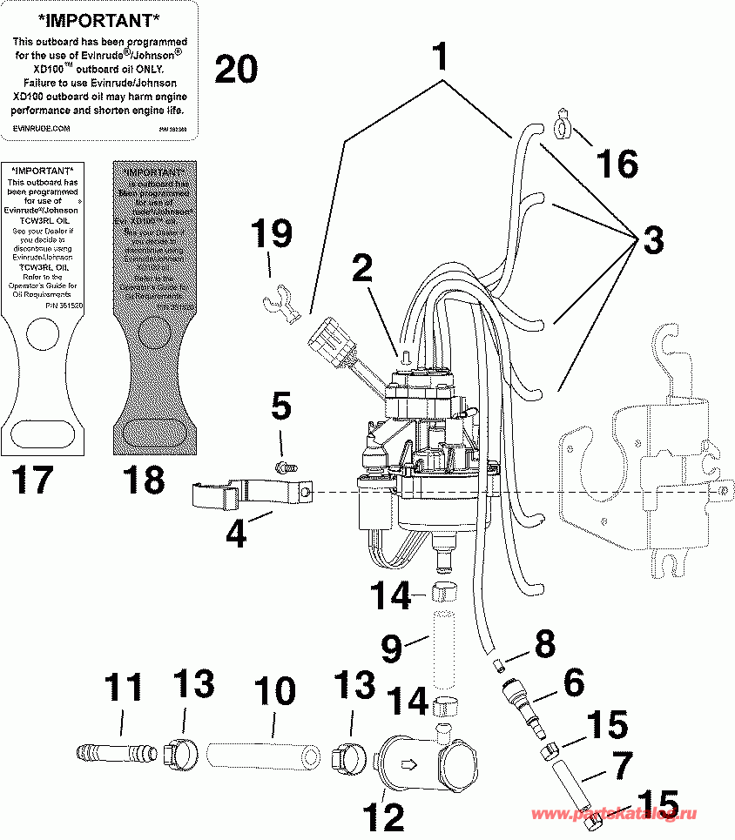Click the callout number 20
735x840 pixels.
(236, 69)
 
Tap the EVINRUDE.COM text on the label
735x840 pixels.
(41, 127)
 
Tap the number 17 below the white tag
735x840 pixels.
(33, 480)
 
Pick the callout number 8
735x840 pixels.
(544, 645)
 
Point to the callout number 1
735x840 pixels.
(441, 57)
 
